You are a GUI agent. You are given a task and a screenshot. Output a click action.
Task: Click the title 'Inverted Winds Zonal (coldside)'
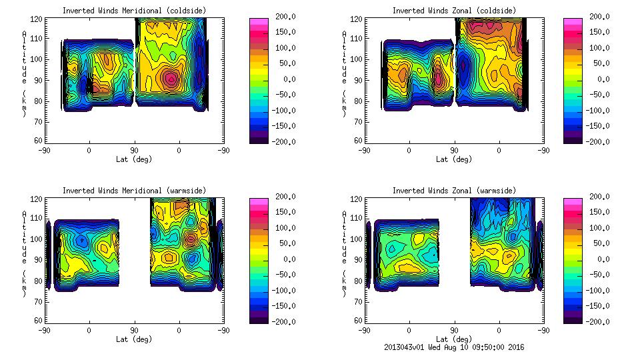[454, 11]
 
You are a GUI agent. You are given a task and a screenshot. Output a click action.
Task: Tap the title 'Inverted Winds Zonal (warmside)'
[454, 191]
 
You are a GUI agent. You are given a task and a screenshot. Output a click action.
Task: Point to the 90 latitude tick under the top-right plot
[455, 151]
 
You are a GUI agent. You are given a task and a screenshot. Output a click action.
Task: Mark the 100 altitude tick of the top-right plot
[351, 59]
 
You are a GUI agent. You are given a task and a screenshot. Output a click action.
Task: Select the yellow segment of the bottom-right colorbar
[573, 243]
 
